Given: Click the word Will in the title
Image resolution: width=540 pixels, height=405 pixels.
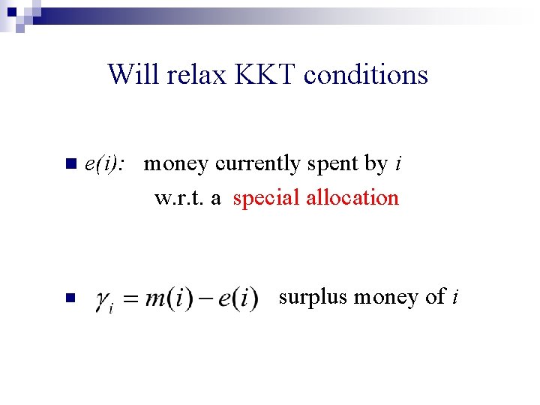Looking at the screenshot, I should click(130, 74).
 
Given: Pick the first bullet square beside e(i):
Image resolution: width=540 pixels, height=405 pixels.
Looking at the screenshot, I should click(70, 163).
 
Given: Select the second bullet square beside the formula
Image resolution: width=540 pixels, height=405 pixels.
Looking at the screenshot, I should click(70, 298).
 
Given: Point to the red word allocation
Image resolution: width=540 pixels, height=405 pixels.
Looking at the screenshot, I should click(355, 198).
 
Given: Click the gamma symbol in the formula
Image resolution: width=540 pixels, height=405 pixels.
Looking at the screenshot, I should click(103, 300).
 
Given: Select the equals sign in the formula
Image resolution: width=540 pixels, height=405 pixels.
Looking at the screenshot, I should click(132, 299).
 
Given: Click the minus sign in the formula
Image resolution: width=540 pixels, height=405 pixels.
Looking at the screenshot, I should click(204, 298).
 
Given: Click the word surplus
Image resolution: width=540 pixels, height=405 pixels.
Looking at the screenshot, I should click(313, 298).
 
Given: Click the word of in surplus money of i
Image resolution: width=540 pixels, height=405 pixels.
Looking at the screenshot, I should click(434, 297).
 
